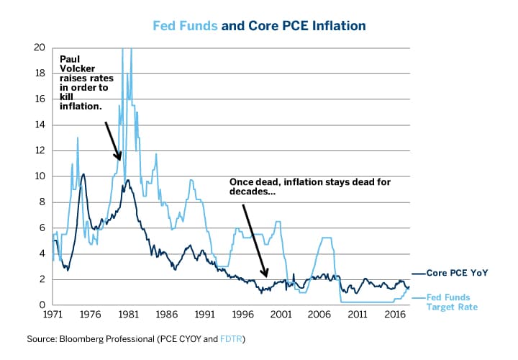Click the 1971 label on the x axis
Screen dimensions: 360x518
point(53,315)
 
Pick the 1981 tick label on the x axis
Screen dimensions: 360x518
point(129,315)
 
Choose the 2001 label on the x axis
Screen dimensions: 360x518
point(281,315)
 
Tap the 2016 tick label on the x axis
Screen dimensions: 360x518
point(394,315)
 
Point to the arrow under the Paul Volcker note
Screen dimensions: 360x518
point(112,141)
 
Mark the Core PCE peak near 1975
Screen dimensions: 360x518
point(83,174)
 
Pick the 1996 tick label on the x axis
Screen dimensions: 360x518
point(242,315)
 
